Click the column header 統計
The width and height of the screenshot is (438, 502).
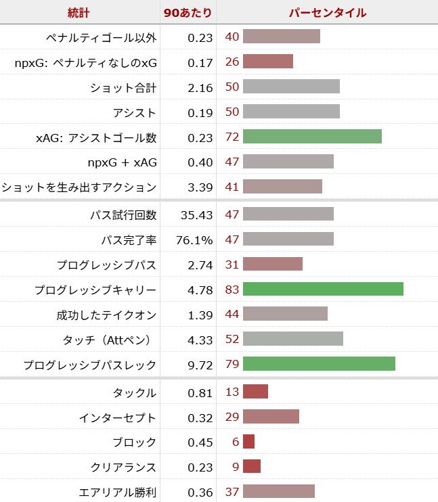(x=79, y=13)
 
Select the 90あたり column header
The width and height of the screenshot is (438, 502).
(x=188, y=13)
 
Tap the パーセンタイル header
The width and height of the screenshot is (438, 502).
(x=328, y=13)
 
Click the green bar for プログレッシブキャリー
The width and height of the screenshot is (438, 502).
(x=323, y=290)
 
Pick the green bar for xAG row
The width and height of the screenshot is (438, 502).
(x=312, y=137)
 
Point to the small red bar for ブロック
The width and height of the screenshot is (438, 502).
(x=248, y=441)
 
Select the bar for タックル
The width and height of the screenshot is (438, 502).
(x=255, y=392)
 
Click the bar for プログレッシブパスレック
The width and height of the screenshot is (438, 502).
(x=319, y=364)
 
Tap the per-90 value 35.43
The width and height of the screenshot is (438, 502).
(x=197, y=215)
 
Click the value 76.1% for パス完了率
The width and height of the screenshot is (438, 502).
(x=195, y=240)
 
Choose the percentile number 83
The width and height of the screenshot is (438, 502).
(x=232, y=290)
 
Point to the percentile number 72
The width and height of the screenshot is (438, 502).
(x=232, y=137)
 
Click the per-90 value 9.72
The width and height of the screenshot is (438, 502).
(x=199, y=365)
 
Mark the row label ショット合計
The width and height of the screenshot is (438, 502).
(x=123, y=87)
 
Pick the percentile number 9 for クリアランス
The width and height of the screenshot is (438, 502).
(x=236, y=467)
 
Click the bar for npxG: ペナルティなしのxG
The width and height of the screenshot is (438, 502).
(x=267, y=62)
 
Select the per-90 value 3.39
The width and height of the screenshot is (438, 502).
(x=199, y=187)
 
